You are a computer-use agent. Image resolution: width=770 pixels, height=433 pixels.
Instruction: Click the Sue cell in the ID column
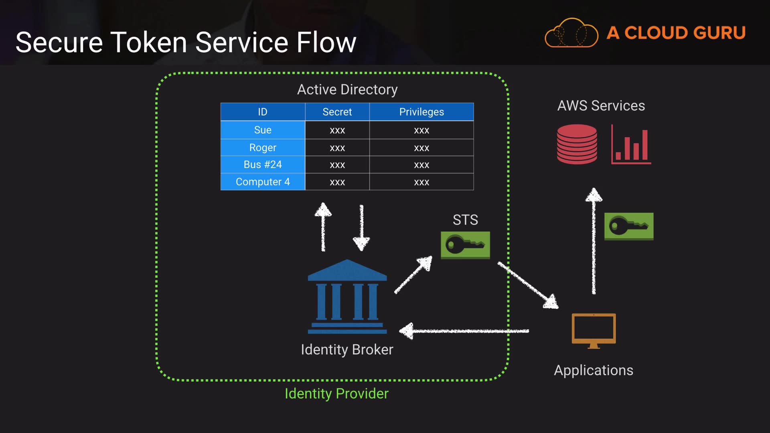(x=263, y=130)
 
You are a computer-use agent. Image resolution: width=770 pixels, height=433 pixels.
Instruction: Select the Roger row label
(x=263, y=148)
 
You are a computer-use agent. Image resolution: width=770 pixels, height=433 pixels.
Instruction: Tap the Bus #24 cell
(x=263, y=164)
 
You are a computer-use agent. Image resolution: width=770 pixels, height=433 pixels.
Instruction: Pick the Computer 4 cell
(x=263, y=182)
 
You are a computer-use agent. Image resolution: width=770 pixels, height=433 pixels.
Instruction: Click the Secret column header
(x=337, y=112)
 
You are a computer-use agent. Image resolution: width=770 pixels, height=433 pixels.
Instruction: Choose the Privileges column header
(x=421, y=112)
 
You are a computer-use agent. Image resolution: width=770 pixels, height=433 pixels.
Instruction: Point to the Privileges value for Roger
(x=421, y=148)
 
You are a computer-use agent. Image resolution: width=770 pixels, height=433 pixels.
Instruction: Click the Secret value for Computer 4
(x=337, y=182)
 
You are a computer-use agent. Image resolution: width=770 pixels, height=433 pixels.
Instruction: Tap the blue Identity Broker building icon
(x=347, y=297)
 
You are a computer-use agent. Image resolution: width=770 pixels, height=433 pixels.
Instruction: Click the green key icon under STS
(x=465, y=245)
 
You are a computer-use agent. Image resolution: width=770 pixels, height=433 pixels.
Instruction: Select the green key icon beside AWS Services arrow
(x=629, y=227)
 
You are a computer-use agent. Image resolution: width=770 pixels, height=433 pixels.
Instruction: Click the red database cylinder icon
(x=577, y=144)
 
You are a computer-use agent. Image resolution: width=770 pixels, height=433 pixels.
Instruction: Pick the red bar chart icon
(x=631, y=145)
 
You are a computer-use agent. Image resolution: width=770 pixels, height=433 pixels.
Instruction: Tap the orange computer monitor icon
(x=594, y=330)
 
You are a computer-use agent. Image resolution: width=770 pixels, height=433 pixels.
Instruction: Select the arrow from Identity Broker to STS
(x=413, y=275)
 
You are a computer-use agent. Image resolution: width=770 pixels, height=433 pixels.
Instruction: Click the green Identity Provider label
(x=336, y=394)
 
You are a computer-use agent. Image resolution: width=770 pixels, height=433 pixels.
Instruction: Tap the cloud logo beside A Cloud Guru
(x=571, y=33)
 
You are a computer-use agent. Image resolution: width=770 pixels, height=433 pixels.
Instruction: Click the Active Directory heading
(x=347, y=89)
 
